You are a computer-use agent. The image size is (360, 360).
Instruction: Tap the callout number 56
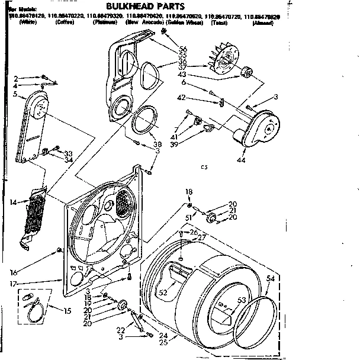(x=183, y=49)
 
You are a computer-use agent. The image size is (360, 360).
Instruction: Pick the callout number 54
(x=270, y=278)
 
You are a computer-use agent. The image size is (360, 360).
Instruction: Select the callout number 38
(x=156, y=144)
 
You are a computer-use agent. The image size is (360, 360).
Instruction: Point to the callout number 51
(x=189, y=217)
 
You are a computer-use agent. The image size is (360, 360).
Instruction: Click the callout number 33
(x=68, y=153)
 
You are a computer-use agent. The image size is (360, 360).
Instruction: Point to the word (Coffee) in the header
(x=65, y=21)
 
